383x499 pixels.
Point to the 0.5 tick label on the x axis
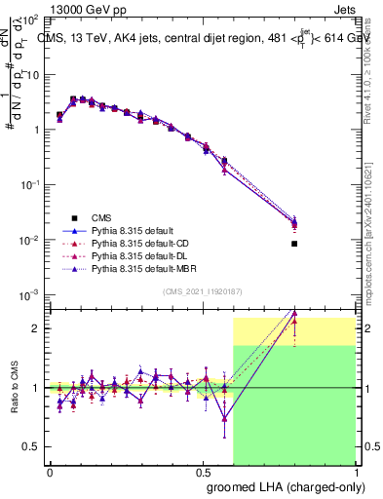coord(202,472)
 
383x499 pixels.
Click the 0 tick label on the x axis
coord(50,472)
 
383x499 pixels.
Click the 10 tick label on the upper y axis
coord(31,74)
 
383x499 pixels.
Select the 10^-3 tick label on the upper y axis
coord(29,295)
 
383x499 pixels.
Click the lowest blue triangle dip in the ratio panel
coord(225,420)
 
